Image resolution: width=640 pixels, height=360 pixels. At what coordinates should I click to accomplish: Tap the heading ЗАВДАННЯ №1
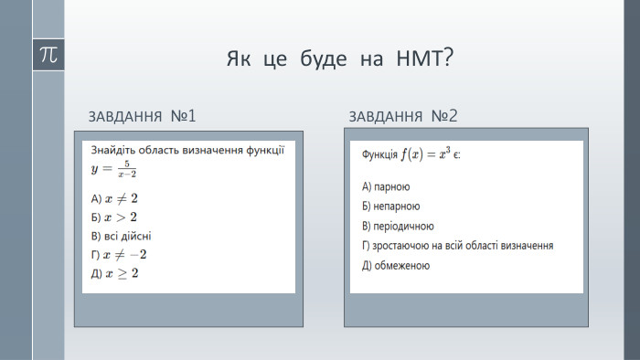[143, 117]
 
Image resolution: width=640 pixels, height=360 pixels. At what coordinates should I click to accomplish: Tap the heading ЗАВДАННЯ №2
[402, 117]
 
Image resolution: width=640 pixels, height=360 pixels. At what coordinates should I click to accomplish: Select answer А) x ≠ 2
[115, 198]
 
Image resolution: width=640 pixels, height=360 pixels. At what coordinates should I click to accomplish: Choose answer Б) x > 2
[114, 217]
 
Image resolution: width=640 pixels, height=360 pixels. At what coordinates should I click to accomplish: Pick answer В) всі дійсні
[121, 235]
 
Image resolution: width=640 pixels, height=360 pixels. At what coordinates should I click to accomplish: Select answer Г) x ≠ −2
[119, 254]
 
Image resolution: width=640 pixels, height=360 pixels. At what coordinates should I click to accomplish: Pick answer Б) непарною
[391, 206]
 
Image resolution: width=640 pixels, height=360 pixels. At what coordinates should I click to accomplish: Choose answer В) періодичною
[398, 226]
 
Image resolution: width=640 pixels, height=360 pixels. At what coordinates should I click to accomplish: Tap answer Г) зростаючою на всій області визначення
[458, 246]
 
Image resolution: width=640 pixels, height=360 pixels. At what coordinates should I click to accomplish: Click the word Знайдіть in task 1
[113, 150]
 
